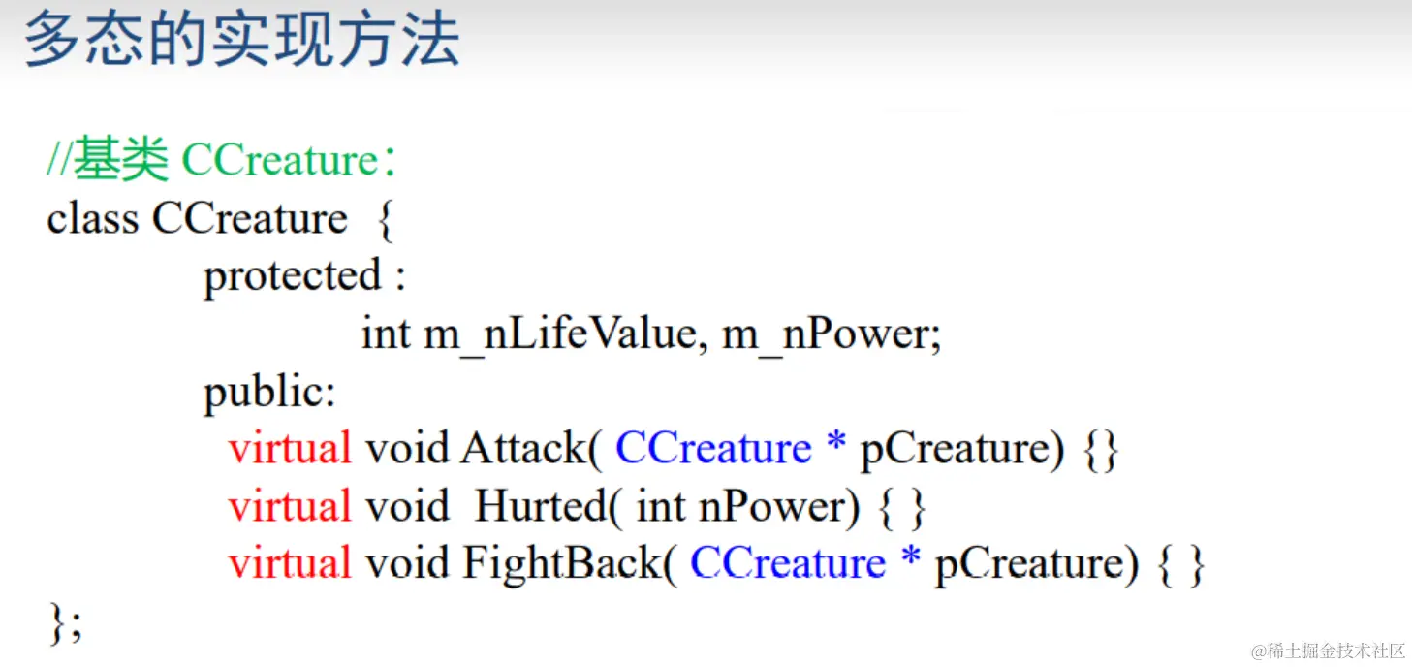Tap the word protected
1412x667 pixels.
pos(293,276)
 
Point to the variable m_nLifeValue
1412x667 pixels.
pos(560,334)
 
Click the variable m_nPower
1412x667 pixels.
pos(826,334)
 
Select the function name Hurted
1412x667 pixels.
pos(541,507)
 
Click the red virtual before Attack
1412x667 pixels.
pos(290,449)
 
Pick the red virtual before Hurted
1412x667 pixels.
pos(290,507)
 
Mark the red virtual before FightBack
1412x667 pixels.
pos(290,564)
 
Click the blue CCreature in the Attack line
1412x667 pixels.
pos(713,449)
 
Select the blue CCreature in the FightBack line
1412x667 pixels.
pos(788,564)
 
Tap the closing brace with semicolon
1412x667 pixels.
pos(65,623)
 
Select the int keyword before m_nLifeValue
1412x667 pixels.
pos(386,334)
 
